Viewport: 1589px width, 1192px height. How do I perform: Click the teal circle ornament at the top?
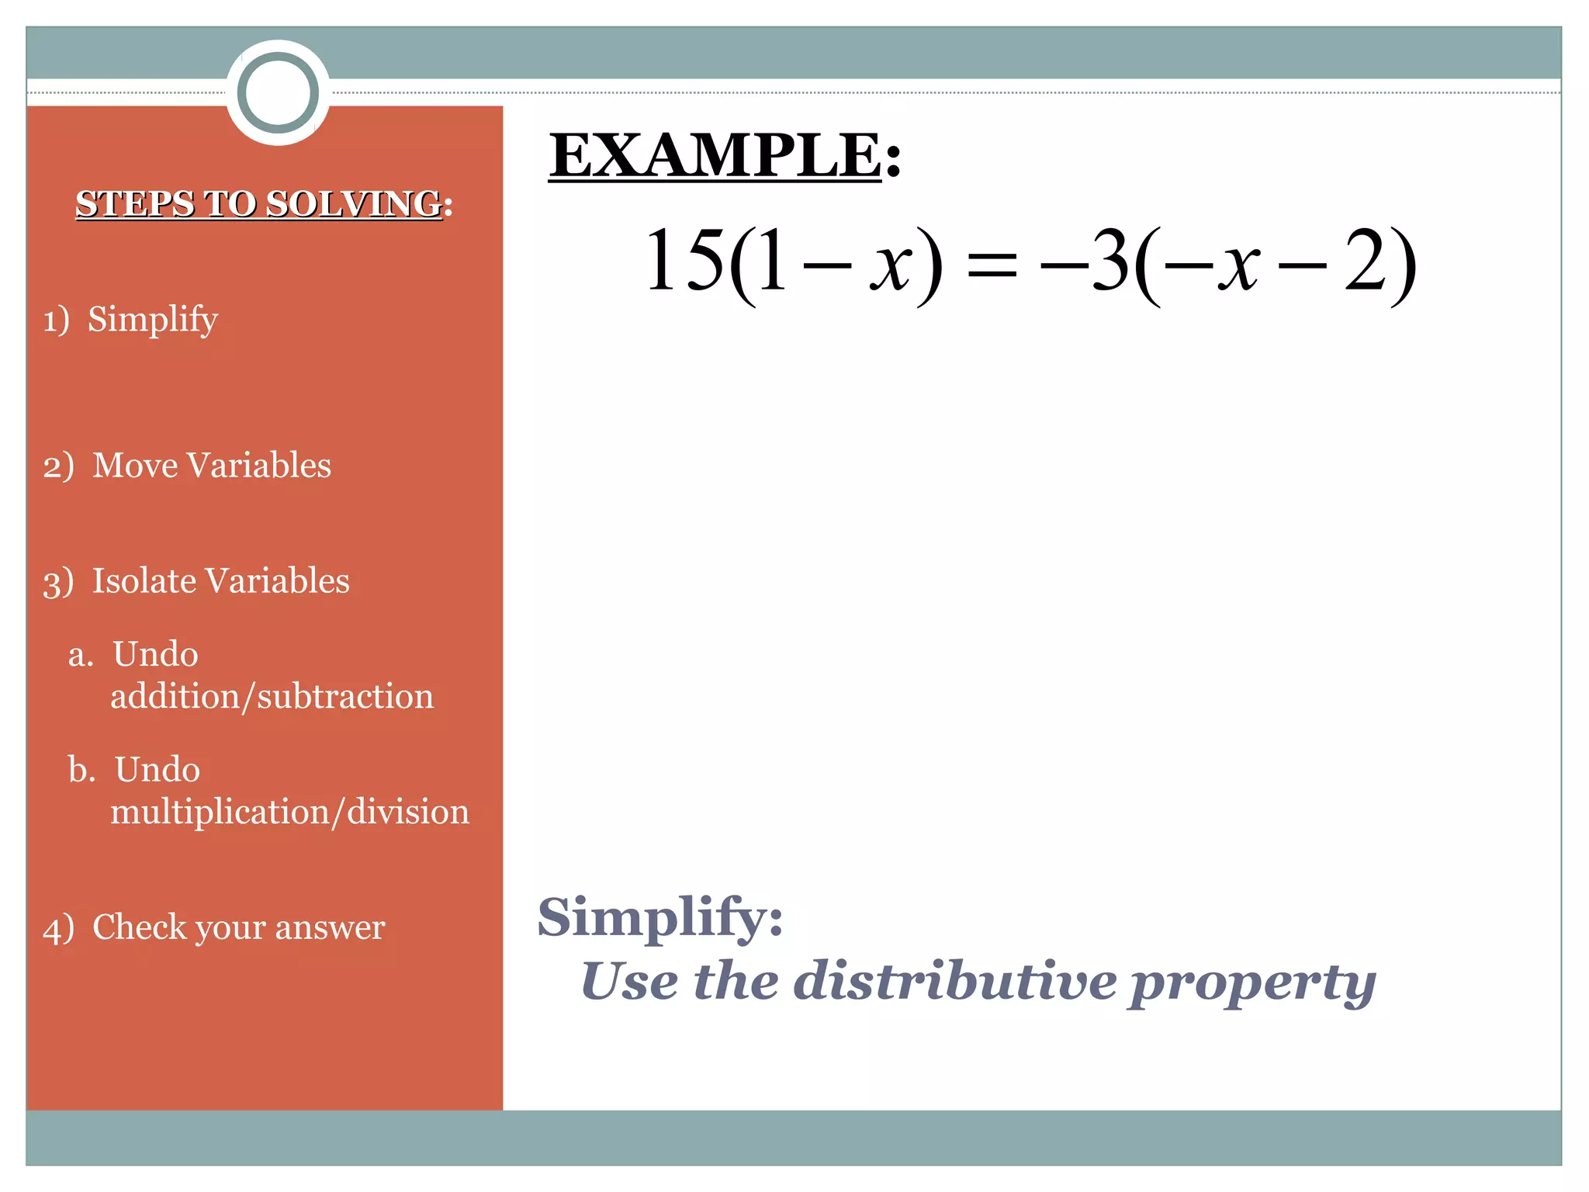tap(278, 93)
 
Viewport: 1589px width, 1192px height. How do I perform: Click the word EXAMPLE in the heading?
tap(715, 155)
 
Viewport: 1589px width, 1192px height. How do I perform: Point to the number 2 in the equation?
tap(1366, 262)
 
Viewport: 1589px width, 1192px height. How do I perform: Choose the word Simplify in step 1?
tap(153, 320)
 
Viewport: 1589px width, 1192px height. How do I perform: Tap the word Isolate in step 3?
tap(144, 581)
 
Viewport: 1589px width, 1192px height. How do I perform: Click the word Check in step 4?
tap(139, 927)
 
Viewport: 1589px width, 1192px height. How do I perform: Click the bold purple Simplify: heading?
tap(660, 918)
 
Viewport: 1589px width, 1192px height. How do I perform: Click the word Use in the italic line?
tap(629, 982)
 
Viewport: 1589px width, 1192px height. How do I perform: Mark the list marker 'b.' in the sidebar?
tap(81, 770)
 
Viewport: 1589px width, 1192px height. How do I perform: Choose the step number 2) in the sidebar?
tap(58, 467)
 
